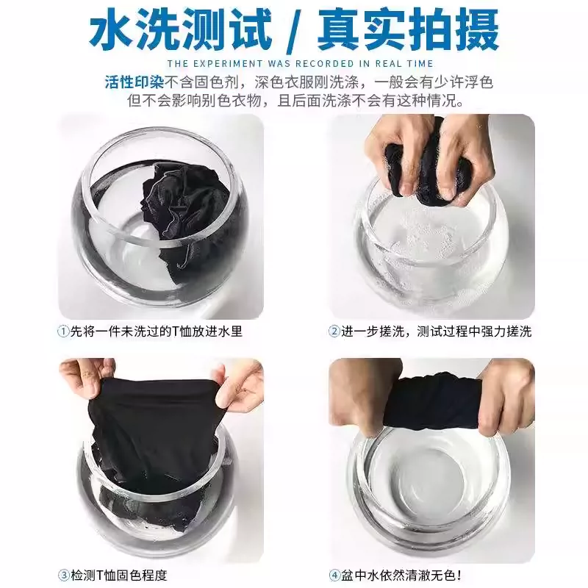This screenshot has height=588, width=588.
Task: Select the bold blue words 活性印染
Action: [134, 82]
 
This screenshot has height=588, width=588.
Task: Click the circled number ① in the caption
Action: [63, 331]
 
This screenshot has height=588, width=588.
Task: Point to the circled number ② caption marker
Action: [334, 331]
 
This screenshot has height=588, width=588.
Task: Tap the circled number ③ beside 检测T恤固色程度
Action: [63, 575]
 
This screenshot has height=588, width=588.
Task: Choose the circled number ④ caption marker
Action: [334, 575]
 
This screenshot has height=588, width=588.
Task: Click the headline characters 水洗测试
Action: [180, 31]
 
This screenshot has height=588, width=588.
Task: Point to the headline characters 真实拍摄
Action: [408, 31]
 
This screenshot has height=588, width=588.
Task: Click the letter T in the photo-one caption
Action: [176, 331]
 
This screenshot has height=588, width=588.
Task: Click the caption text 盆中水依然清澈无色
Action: [398, 575]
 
